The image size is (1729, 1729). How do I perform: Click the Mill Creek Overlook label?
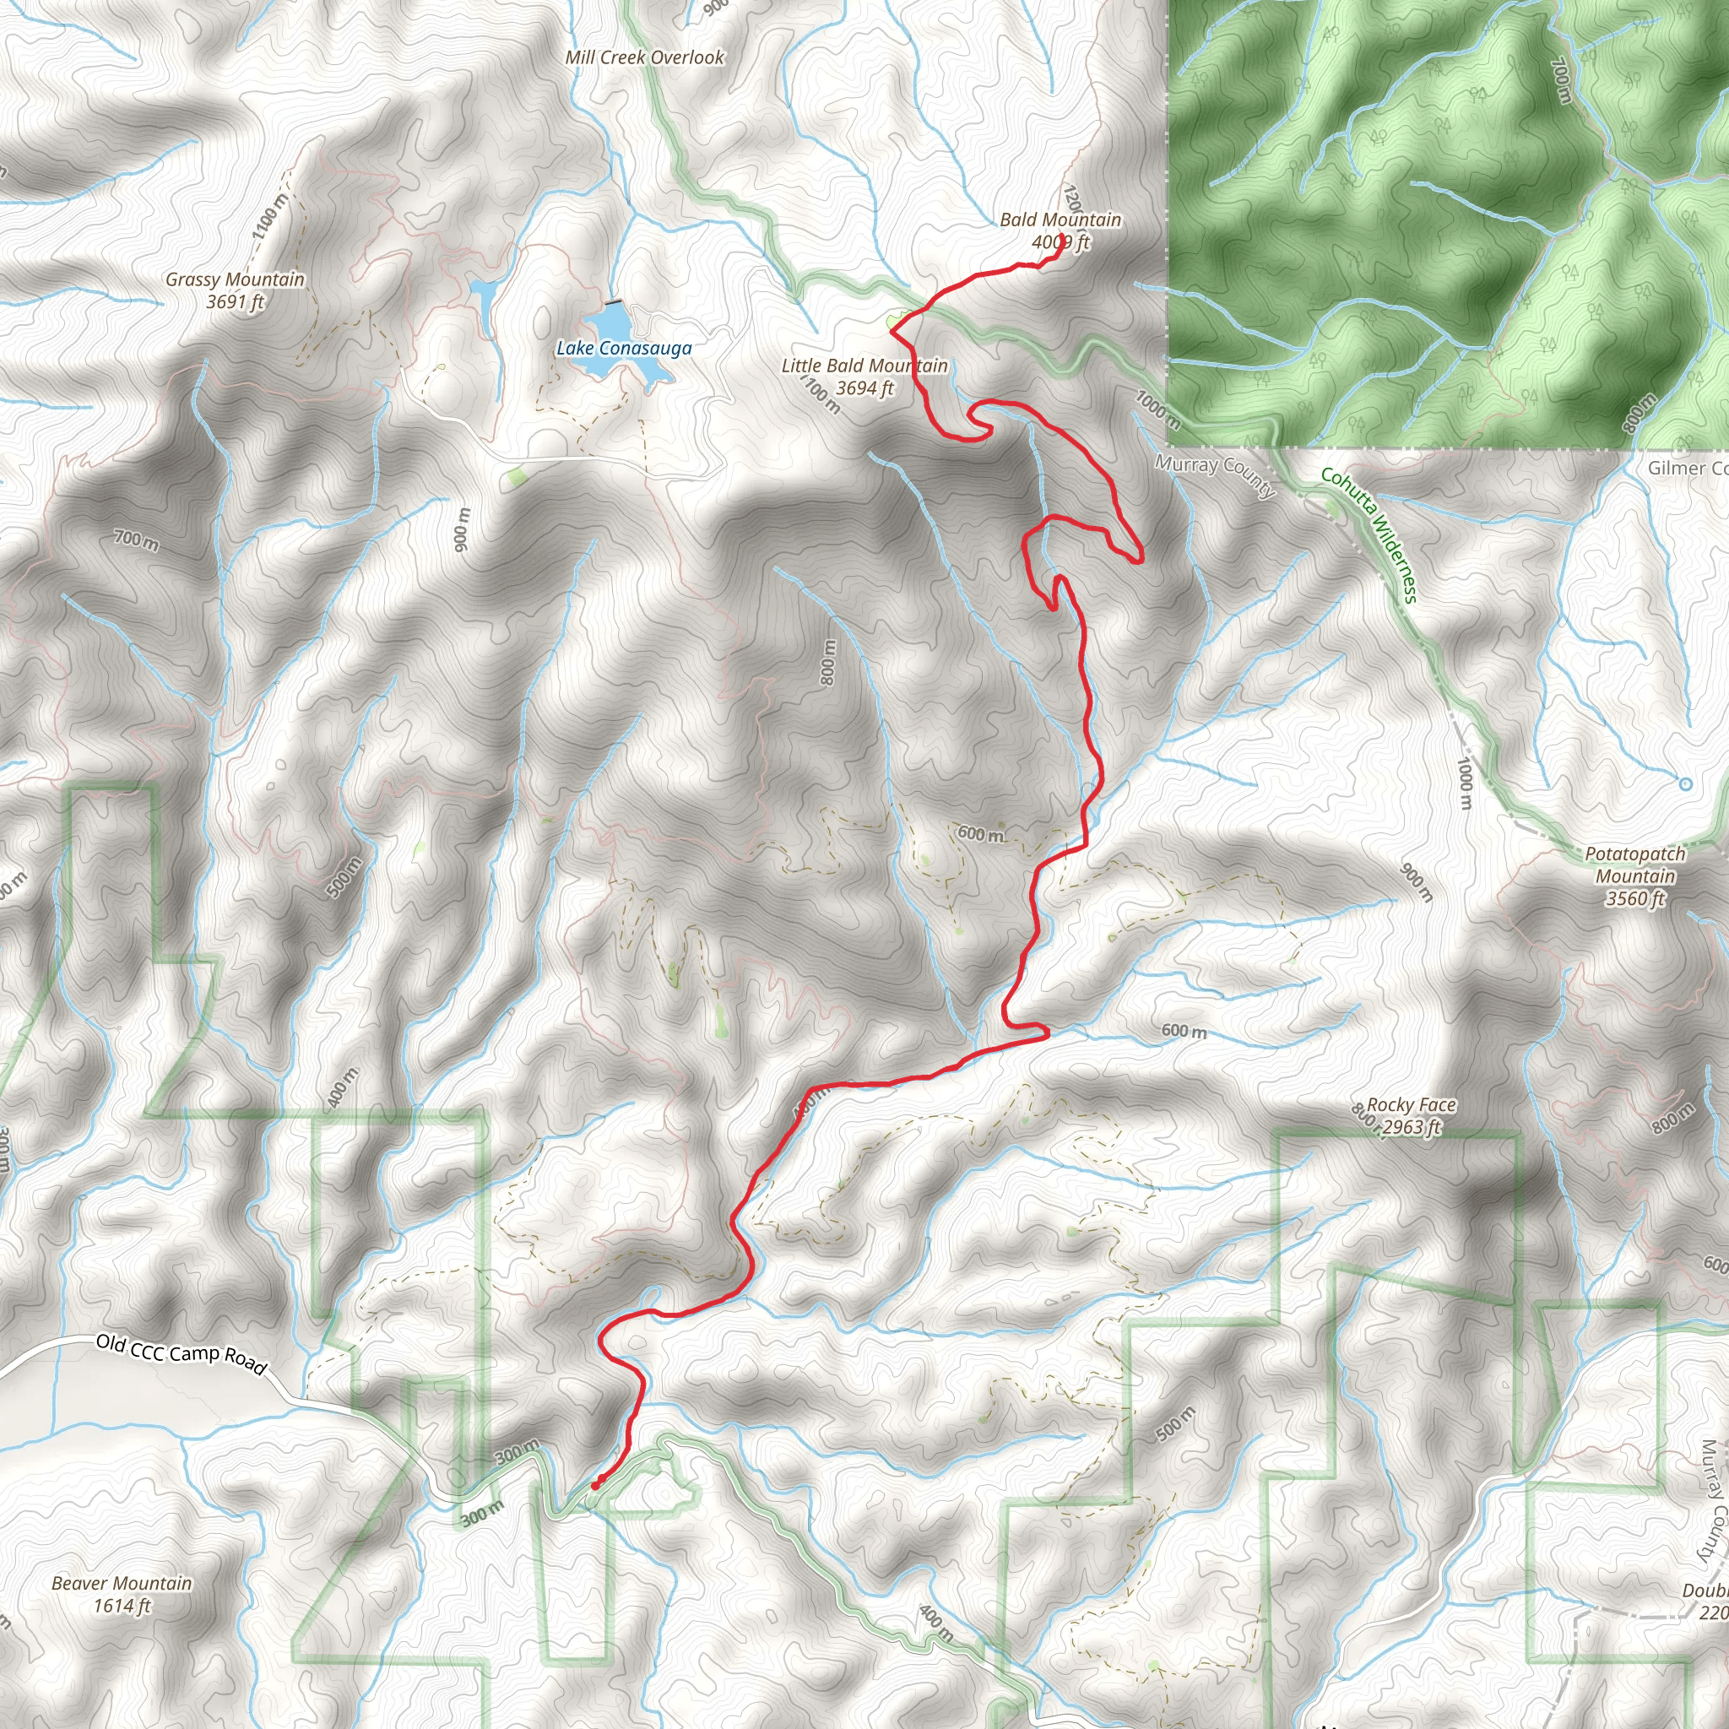click(644, 57)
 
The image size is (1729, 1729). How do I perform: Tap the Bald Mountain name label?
click(1060, 220)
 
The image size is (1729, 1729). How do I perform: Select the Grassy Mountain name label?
click(235, 279)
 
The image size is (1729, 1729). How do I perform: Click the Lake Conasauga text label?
click(624, 348)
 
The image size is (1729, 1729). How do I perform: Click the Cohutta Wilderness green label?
click(1369, 534)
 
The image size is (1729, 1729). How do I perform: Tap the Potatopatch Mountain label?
click(1634, 864)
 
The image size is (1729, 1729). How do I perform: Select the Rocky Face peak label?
click(1411, 1105)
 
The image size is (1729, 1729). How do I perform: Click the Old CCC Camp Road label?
click(181, 1353)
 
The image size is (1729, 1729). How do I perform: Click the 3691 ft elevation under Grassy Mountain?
click(235, 301)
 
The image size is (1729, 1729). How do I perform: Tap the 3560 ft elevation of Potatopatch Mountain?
click(1634, 898)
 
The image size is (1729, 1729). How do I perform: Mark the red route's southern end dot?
click(595, 1487)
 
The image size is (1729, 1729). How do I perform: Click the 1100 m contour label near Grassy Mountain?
click(270, 215)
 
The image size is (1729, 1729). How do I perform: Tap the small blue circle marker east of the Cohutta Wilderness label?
click(1685, 785)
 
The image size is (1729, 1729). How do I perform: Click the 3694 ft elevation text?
click(864, 388)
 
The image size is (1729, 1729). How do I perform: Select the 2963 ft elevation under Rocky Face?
click(1411, 1128)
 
